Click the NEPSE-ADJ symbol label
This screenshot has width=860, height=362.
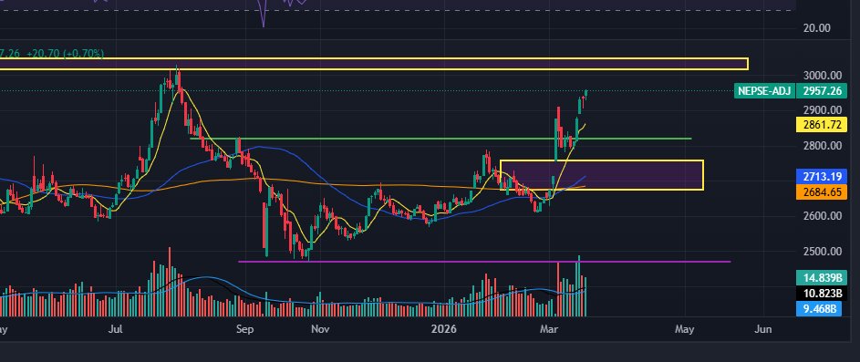pyautogui.click(x=763, y=91)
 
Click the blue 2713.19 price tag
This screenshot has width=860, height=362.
pyautogui.click(x=818, y=175)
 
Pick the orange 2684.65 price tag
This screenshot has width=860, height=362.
pyautogui.click(x=818, y=192)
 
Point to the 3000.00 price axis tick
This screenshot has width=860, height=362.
pyautogui.click(x=818, y=76)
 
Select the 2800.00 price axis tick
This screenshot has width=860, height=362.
pyautogui.click(x=818, y=146)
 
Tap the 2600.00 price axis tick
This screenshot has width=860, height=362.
pyautogui.click(x=818, y=217)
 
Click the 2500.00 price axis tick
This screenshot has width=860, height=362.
pyautogui.click(x=818, y=252)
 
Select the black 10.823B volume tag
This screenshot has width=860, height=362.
pyautogui.click(x=818, y=294)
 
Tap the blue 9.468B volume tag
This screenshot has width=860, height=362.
pyautogui.click(x=818, y=310)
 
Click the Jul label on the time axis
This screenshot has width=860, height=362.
pyautogui.click(x=115, y=327)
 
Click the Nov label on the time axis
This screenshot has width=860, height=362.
pyautogui.click(x=319, y=327)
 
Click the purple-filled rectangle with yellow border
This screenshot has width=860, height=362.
pyautogui.click(x=602, y=175)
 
